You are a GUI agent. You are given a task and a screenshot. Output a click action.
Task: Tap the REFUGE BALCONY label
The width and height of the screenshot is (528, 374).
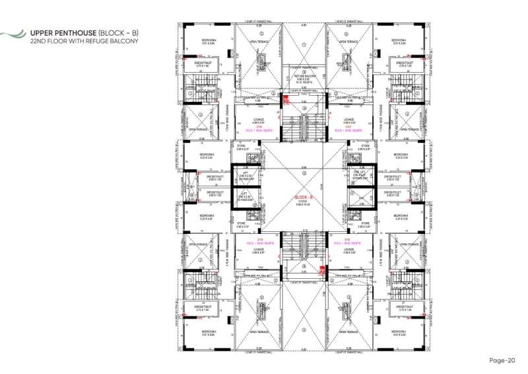(x=304, y=77)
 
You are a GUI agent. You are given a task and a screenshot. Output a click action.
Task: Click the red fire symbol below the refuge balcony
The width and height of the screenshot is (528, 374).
(x=286, y=100)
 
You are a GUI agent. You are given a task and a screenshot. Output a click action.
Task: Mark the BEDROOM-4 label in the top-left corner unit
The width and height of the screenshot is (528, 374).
(x=206, y=42)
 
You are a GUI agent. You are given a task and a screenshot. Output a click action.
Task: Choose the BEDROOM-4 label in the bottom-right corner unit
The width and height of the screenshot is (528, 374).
(x=402, y=333)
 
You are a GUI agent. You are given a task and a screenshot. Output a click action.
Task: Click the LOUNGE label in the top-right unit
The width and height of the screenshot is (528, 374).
(x=350, y=120)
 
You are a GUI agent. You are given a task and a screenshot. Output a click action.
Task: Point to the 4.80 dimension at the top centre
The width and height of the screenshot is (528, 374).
(x=304, y=25)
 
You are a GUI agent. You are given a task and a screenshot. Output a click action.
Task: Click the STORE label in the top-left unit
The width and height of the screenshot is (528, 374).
(x=244, y=147)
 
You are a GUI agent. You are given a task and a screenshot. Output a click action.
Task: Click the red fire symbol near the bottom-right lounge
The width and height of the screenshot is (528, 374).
(x=322, y=270)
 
